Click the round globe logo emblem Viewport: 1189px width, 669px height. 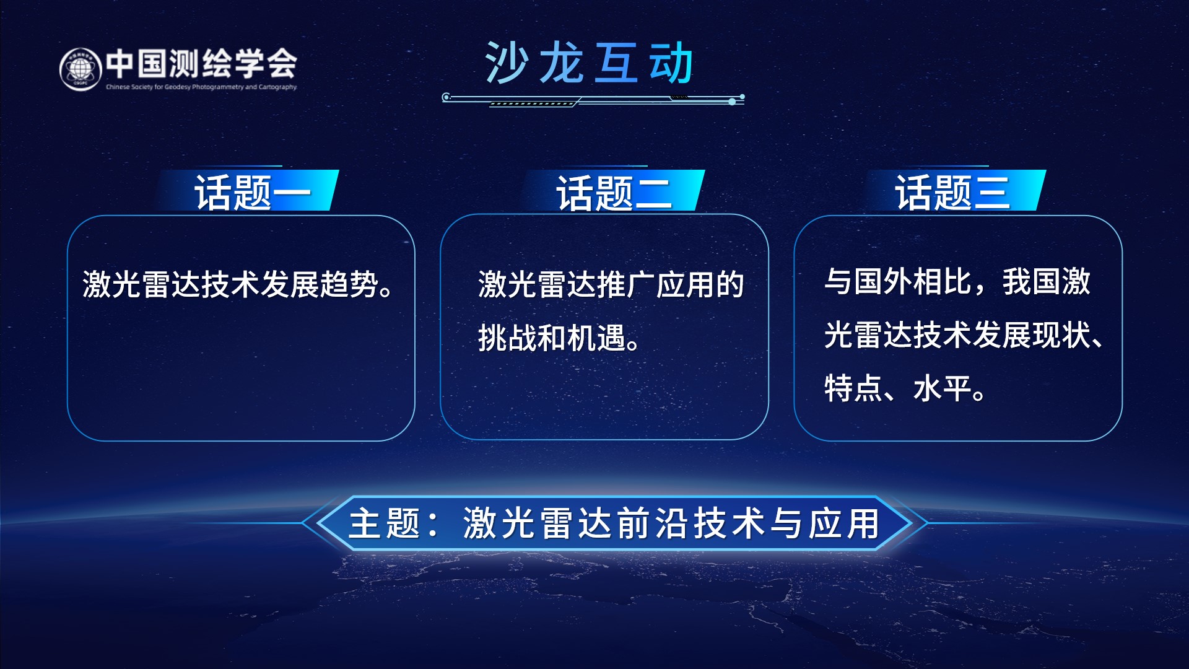(x=81, y=69)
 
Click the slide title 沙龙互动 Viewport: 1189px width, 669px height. (x=589, y=63)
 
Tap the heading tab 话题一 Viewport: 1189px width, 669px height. (x=253, y=192)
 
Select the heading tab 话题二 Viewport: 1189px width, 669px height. (x=614, y=193)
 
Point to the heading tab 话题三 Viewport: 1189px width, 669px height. (x=952, y=192)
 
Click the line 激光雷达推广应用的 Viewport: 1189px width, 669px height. (x=611, y=285)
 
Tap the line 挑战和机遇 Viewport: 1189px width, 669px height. (x=559, y=338)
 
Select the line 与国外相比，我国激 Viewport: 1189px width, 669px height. (x=957, y=282)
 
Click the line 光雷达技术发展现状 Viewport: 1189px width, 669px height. (x=964, y=335)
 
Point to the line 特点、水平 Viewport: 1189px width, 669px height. (x=905, y=388)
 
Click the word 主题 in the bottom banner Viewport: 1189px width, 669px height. (x=385, y=523)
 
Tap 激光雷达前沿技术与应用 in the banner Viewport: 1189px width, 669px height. (x=671, y=523)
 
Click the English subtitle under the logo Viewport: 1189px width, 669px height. (x=201, y=87)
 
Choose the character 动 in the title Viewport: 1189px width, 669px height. (x=671, y=63)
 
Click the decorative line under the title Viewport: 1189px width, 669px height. (x=593, y=99)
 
